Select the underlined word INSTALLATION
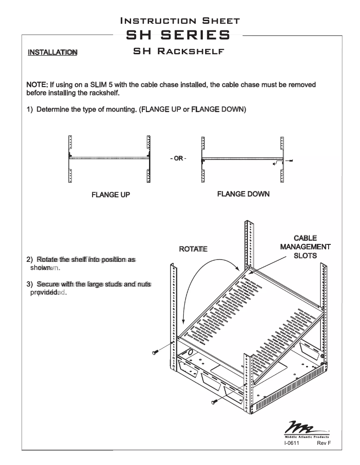(53, 52)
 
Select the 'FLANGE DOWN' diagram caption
(243, 194)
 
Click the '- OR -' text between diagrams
(178, 159)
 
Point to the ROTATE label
(193, 249)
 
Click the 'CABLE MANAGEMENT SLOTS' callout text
(305, 247)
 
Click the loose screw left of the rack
(155, 352)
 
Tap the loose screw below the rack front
(215, 400)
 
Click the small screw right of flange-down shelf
(292, 161)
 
